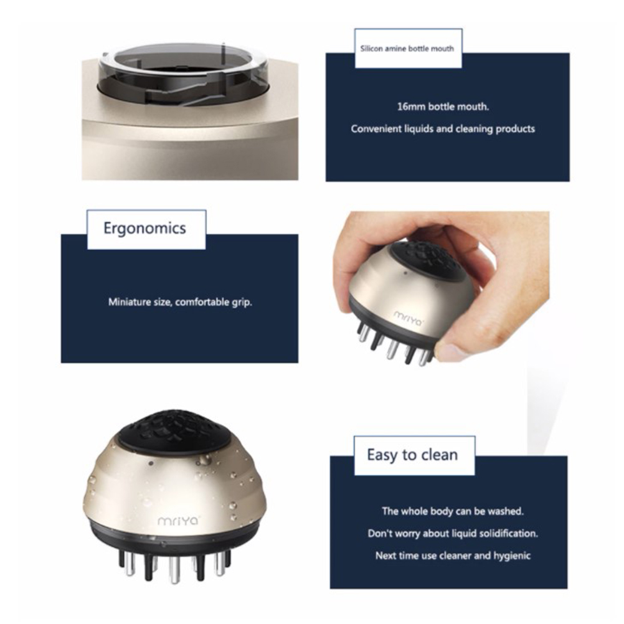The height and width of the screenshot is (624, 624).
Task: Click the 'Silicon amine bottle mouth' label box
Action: pos(409,49)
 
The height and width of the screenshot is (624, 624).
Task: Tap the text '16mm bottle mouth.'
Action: pos(443,106)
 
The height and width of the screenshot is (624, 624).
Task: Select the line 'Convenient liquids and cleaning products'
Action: pos(443,129)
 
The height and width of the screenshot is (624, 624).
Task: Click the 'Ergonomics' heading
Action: pos(145,229)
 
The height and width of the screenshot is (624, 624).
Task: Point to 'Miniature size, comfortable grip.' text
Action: pos(180,302)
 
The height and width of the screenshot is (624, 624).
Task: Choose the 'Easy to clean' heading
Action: pos(412,455)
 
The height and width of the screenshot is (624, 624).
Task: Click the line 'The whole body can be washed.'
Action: pos(453,511)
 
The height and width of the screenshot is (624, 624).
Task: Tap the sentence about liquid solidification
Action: pos(453,533)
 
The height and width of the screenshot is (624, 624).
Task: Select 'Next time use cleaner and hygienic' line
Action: pos(453,555)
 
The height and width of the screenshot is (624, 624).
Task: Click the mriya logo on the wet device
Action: pos(178,521)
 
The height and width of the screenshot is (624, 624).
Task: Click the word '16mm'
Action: pos(411,106)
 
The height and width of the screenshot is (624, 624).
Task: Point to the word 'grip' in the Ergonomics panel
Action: pos(242,303)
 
